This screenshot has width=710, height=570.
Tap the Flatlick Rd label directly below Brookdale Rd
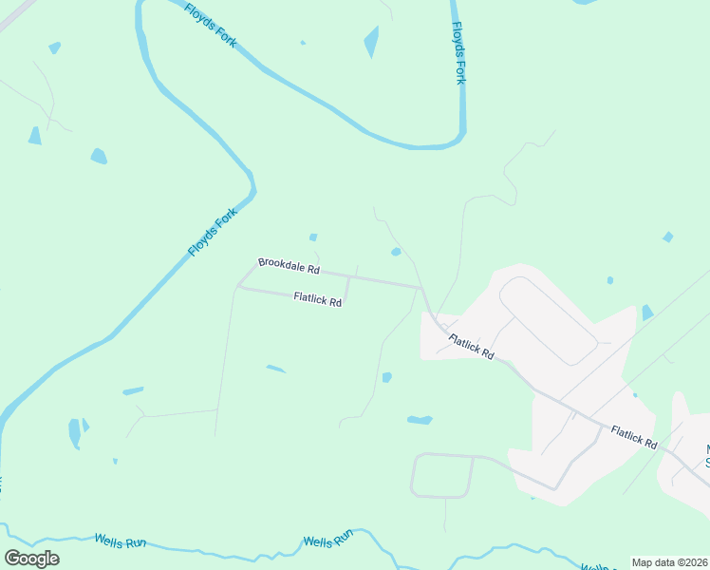[318, 298]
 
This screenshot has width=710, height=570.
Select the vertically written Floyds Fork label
[459, 53]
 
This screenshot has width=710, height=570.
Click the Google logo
[31, 558]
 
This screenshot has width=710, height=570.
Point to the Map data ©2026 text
[668, 561]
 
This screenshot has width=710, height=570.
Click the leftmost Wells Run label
[120, 541]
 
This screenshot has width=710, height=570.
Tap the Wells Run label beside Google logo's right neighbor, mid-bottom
[327, 541]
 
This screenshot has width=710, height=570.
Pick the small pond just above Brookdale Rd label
[313, 237]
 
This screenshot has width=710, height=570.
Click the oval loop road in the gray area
[548, 320]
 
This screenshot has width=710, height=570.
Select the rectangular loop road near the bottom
[442, 475]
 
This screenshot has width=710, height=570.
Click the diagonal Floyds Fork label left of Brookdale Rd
[211, 234]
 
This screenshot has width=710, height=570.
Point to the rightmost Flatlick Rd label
[634, 437]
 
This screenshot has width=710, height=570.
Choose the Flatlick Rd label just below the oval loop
[472, 346]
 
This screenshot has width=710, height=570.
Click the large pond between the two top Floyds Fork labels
[371, 42]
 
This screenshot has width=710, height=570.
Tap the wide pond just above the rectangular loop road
[420, 419]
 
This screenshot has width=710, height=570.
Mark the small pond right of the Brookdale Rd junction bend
[396, 252]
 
